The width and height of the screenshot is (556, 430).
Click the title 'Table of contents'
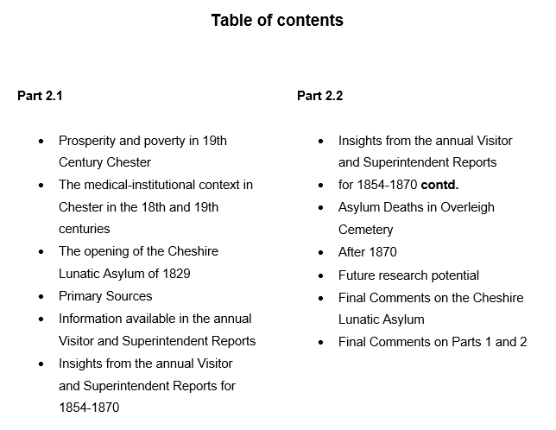click(277, 21)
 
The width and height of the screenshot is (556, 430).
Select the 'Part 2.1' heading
click(40, 96)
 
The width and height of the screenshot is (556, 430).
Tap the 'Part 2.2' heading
click(319, 96)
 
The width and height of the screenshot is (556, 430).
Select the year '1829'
click(174, 274)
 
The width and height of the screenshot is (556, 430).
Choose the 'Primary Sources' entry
click(105, 296)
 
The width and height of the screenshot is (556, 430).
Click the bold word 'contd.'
click(439, 185)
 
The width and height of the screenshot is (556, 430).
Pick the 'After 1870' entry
click(368, 252)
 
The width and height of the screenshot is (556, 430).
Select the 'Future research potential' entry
click(408, 275)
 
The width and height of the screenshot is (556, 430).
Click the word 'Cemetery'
click(365, 230)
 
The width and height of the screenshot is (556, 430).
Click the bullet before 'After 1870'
click(320, 253)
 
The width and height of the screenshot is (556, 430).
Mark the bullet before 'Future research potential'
click(320, 275)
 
